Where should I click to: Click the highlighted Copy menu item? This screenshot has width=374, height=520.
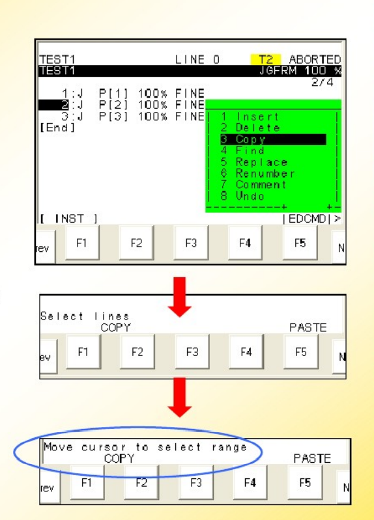[x=273, y=140]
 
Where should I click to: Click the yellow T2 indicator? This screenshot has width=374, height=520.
[x=266, y=59]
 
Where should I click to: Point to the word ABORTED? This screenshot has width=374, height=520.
[x=315, y=59]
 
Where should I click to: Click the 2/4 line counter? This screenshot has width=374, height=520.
[x=322, y=82]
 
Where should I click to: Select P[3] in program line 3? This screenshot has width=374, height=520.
[x=113, y=116]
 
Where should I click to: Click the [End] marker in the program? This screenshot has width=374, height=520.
[x=57, y=128]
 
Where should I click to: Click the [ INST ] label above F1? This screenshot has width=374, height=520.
[x=69, y=219]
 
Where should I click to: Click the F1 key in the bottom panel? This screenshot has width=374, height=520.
[x=87, y=482]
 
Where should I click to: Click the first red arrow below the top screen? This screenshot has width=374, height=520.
[x=179, y=297]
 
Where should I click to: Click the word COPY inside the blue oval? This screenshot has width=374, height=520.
[x=119, y=458]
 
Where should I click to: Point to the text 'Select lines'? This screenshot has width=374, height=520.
[x=85, y=316]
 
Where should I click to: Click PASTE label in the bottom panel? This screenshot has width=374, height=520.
[x=312, y=458]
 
